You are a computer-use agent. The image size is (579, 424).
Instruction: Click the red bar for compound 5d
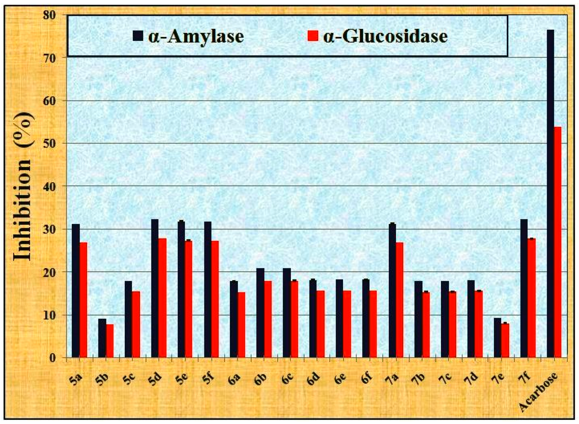tap(162, 298)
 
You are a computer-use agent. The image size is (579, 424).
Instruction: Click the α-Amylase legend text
tap(196, 37)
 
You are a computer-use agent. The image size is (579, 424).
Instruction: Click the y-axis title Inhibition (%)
tap(23, 186)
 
